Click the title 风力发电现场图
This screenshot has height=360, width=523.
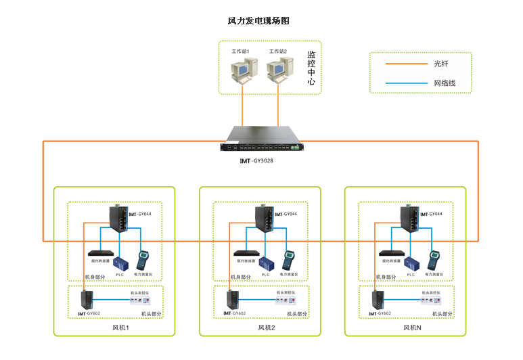pos(258,21)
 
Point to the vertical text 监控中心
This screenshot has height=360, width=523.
pos(311,68)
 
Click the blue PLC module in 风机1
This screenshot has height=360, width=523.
pos(122,263)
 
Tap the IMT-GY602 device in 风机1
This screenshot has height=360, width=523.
pos(86,299)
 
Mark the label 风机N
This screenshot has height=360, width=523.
pos(411,328)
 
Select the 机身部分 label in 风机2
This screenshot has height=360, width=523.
pos(240,277)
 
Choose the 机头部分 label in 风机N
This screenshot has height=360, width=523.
pos(442,314)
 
